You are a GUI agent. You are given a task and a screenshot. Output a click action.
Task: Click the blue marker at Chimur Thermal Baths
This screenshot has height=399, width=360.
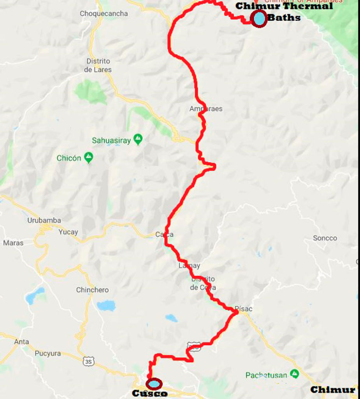[259, 19]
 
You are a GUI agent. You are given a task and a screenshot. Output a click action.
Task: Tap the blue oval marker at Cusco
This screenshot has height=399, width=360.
[154, 384]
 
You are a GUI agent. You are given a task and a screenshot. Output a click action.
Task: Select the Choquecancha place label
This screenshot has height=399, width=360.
[104, 14]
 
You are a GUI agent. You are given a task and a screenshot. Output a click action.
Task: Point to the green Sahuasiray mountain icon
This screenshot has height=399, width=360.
[138, 139]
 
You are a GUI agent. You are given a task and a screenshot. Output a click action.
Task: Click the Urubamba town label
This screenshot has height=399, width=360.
[44, 220]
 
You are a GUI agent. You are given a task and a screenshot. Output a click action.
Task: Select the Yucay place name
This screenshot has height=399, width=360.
[68, 232]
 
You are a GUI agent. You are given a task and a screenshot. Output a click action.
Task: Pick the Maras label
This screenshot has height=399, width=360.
[13, 243]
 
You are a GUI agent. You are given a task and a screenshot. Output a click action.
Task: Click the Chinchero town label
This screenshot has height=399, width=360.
[92, 290]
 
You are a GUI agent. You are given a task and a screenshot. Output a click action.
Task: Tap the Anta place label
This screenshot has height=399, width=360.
[21, 342]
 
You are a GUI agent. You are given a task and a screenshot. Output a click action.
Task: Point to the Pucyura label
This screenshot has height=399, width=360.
[47, 353]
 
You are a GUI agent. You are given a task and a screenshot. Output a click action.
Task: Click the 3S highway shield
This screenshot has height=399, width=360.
[89, 362]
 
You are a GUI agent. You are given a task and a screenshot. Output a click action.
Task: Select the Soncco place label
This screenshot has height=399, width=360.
[325, 238]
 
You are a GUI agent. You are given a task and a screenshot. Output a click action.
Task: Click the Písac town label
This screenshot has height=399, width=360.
[244, 309]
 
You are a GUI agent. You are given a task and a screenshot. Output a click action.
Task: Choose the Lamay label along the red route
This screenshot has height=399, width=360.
[189, 266]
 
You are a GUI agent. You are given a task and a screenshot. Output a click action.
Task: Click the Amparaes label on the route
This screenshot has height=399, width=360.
[206, 109]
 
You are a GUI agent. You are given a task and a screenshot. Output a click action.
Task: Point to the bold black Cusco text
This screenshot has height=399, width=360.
[150, 394]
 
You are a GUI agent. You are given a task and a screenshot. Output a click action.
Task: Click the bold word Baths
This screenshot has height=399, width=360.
[284, 18]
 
